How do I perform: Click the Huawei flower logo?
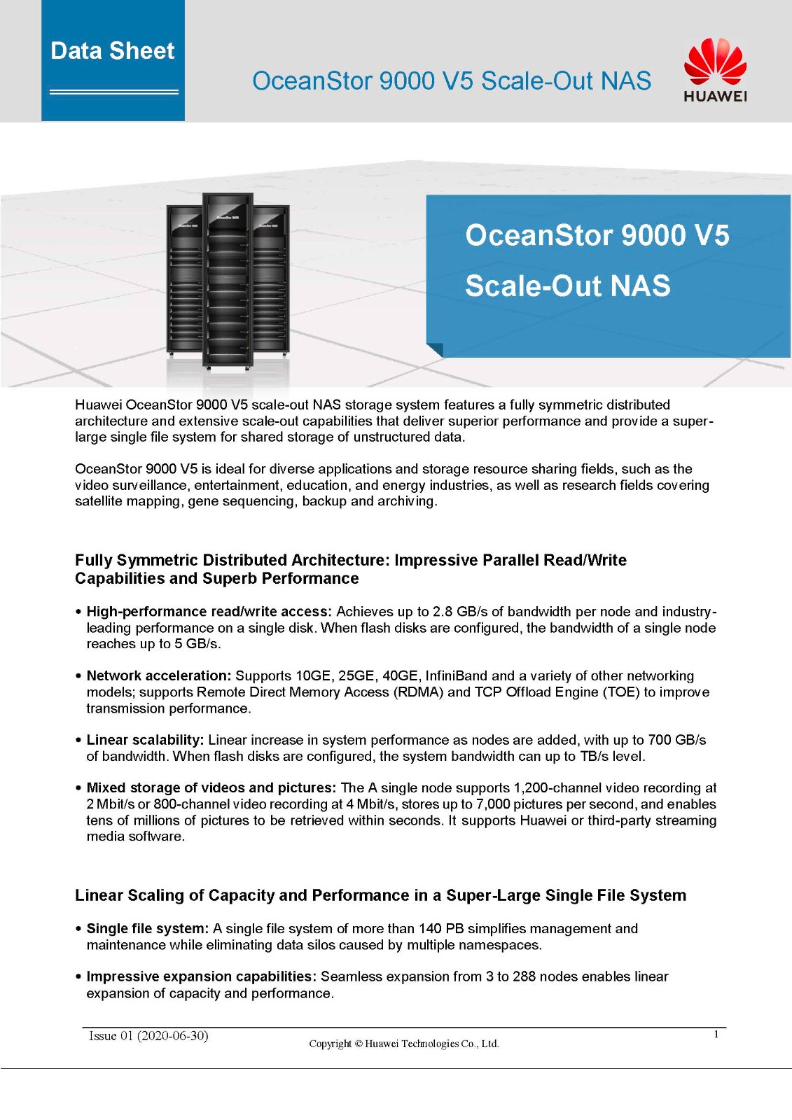click(x=715, y=62)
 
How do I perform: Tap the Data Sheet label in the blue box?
click(x=113, y=51)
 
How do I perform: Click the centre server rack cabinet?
click(x=227, y=280)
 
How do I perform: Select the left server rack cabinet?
click(x=183, y=280)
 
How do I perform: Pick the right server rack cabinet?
click(x=272, y=280)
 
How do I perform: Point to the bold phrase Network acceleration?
click(x=159, y=675)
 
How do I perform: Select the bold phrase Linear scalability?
click(x=146, y=740)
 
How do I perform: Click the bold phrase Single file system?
click(x=148, y=928)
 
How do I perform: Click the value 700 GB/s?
click(x=677, y=740)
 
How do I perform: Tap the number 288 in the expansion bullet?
click(x=524, y=976)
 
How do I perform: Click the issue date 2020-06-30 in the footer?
click(x=173, y=1036)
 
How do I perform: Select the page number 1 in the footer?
click(x=716, y=1035)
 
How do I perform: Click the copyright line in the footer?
click(x=404, y=1044)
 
